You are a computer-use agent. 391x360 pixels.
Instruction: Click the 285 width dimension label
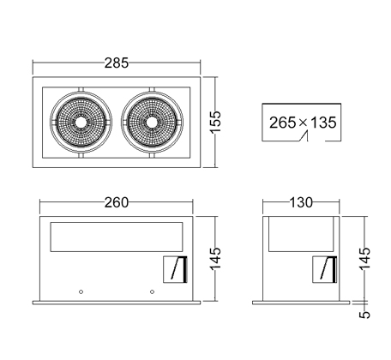pyautogui.click(x=117, y=63)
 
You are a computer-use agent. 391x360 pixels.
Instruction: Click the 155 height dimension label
pyautogui.click(x=216, y=122)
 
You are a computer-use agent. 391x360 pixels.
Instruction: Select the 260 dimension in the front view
pyautogui.click(x=117, y=202)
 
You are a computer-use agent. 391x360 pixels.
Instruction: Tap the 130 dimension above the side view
pyautogui.click(x=301, y=202)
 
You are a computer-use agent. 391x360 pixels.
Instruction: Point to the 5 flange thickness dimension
pyautogui.click(x=364, y=315)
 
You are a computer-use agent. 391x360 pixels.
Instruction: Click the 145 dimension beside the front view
pyautogui.click(x=216, y=259)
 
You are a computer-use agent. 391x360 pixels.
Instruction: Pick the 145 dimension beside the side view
pyautogui.click(x=364, y=259)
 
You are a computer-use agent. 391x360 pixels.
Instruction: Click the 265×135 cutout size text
pyautogui.click(x=303, y=123)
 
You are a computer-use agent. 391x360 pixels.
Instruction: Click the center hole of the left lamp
pyautogui.click(x=81, y=123)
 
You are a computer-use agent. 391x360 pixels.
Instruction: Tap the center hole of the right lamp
pyautogui.click(x=152, y=123)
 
